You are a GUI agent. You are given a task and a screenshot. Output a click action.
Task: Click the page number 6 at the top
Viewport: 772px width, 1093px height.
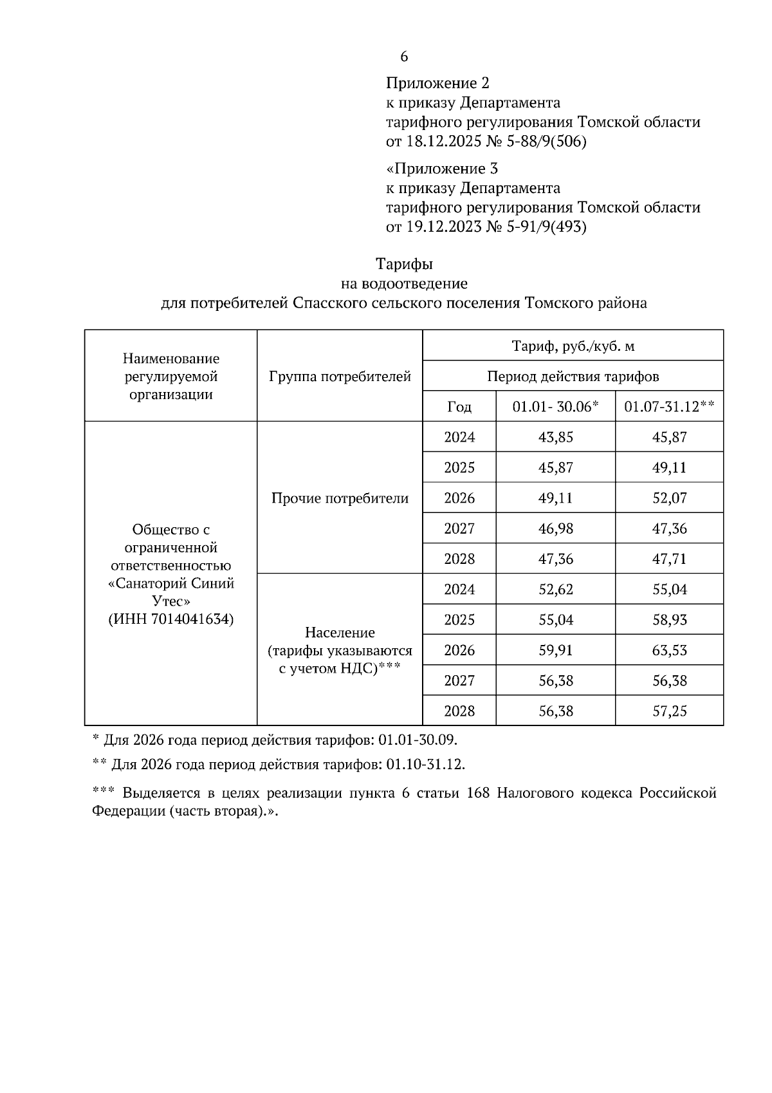pyautogui.click(x=404, y=57)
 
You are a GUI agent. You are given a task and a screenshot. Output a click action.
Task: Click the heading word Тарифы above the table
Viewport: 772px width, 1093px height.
pyautogui.click(x=404, y=264)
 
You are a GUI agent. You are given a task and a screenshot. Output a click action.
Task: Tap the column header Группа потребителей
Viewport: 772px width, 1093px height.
pyautogui.click(x=340, y=377)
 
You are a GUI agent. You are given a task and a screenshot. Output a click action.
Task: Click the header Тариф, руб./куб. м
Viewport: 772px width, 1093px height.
pyautogui.click(x=573, y=346)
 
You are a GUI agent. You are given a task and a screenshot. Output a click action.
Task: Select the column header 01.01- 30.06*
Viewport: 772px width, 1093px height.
pyautogui.click(x=555, y=407)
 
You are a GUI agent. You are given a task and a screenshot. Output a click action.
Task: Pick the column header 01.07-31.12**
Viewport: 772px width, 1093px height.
pyautogui.click(x=669, y=407)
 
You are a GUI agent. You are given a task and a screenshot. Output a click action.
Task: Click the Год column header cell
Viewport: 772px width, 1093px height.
pyautogui.click(x=459, y=407)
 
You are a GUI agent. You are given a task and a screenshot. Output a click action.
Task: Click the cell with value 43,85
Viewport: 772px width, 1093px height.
pyautogui.click(x=555, y=437)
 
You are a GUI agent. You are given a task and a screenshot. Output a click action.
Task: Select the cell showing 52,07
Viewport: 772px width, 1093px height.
pyautogui.click(x=669, y=498)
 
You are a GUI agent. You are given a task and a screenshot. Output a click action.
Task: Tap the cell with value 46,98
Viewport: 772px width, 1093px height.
pyautogui.click(x=555, y=528)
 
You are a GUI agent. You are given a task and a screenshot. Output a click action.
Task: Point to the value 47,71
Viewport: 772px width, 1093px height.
pyautogui.click(x=669, y=559)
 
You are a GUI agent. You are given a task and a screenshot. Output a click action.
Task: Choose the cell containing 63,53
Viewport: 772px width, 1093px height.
pyautogui.click(x=669, y=650)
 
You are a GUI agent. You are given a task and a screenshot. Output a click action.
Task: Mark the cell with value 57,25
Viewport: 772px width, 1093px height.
pyautogui.click(x=669, y=711)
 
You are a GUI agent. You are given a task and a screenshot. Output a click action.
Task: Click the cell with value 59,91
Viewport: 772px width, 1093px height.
pyautogui.click(x=555, y=650)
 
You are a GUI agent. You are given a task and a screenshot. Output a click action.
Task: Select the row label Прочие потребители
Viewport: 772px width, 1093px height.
pyautogui.click(x=340, y=498)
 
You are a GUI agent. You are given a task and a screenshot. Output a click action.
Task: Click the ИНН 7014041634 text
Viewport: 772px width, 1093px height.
pyautogui.click(x=170, y=619)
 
